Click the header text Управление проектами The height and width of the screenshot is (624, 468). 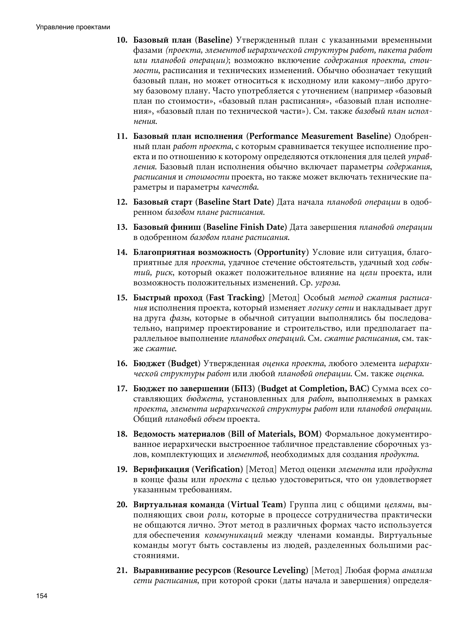point(73,27)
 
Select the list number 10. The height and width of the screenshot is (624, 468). point(122,40)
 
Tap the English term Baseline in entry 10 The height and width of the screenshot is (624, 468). point(214,40)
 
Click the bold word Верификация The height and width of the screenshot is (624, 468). point(161,469)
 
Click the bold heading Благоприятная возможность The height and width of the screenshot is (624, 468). point(192,252)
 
